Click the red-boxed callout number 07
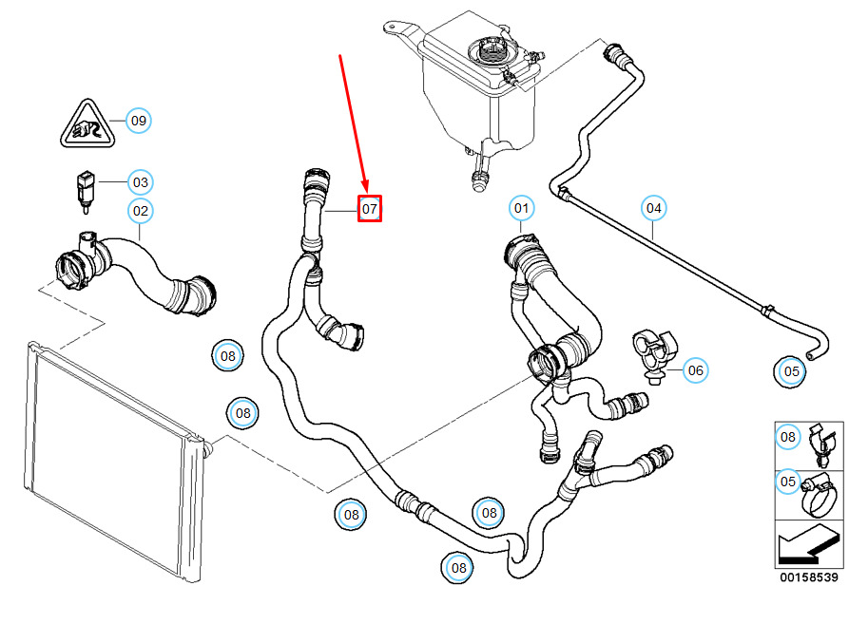click(370, 208)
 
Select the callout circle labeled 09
click(139, 121)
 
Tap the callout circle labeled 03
click(141, 182)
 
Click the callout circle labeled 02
click(141, 211)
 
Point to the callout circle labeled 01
click(521, 208)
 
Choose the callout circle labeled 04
click(653, 208)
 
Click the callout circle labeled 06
click(695, 370)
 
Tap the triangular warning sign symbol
click(87, 124)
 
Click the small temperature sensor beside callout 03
click(86, 192)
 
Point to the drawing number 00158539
click(809, 577)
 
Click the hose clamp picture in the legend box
click(820, 494)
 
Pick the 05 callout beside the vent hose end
click(791, 371)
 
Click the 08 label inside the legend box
click(788, 436)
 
